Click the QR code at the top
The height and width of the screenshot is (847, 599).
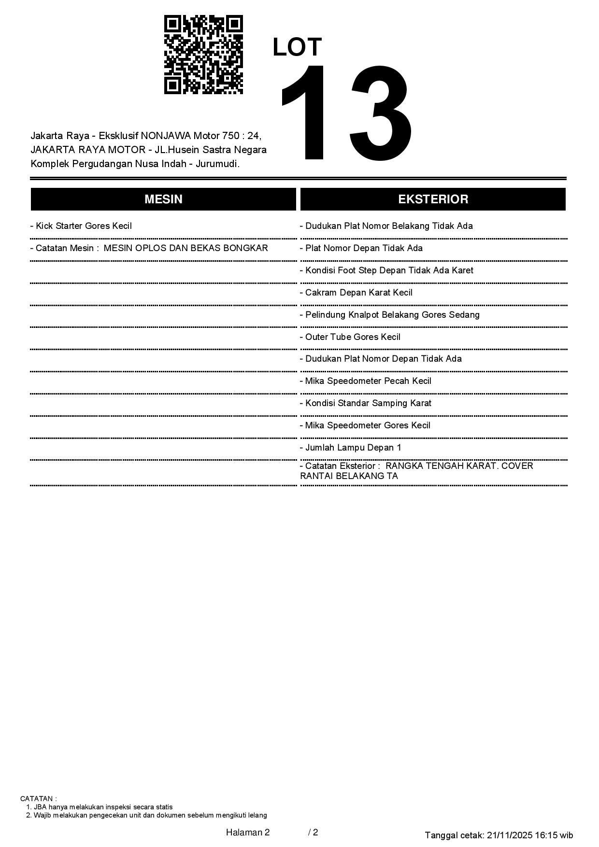click(203, 55)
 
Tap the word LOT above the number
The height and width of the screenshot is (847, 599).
click(297, 47)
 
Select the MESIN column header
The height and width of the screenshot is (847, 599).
click(163, 199)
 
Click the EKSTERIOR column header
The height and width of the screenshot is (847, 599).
click(433, 199)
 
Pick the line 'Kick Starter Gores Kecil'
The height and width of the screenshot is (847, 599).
click(81, 226)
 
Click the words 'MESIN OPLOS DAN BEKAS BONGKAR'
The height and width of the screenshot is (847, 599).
click(186, 248)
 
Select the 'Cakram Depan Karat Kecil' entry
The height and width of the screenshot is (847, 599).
click(357, 293)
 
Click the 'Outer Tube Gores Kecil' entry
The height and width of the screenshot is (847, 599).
click(350, 337)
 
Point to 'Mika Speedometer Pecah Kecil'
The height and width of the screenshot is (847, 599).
click(366, 381)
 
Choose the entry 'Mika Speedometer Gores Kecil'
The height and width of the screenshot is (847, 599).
click(365, 425)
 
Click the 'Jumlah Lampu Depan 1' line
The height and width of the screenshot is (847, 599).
click(351, 448)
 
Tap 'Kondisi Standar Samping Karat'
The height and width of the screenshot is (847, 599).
click(366, 403)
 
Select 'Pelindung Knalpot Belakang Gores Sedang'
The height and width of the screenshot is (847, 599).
click(390, 315)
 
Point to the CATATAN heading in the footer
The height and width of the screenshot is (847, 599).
click(38, 799)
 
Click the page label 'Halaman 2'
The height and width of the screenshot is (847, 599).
click(248, 832)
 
